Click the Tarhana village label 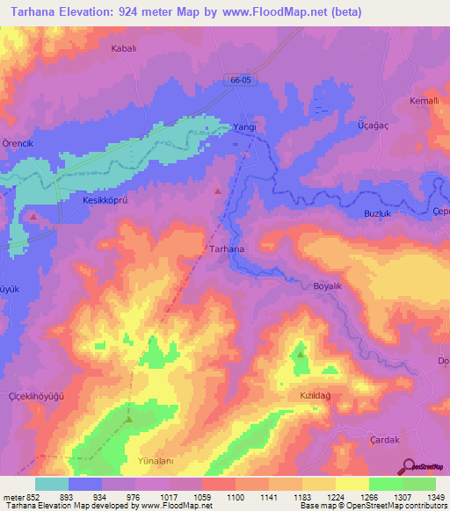pyautogui.click(x=228, y=249)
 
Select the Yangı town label pyautogui.click(x=243, y=127)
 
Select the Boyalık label pyautogui.click(x=332, y=286)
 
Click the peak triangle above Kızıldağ pyautogui.click(x=301, y=355)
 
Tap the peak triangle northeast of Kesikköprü pyautogui.click(x=218, y=191)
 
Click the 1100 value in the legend pyautogui.click(x=235, y=497)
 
